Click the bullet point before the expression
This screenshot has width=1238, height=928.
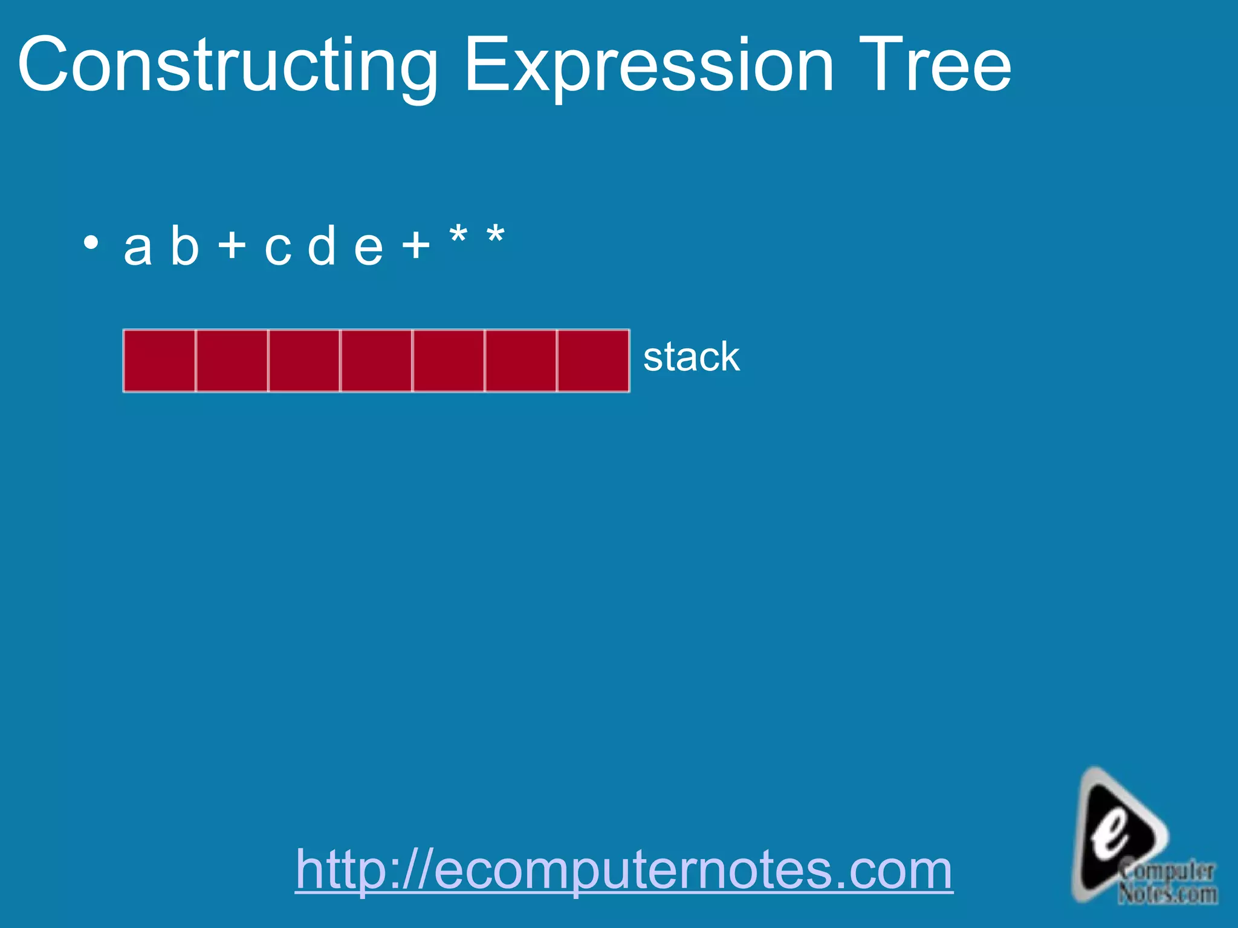click(x=91, y=243)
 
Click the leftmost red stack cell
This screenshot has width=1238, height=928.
click(x=160, y=361)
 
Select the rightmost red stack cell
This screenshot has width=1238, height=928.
click(x=593, y=361)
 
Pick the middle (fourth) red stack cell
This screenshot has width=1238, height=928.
click(x=376, y=361)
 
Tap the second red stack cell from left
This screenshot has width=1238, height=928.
click(x=232, y=361)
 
